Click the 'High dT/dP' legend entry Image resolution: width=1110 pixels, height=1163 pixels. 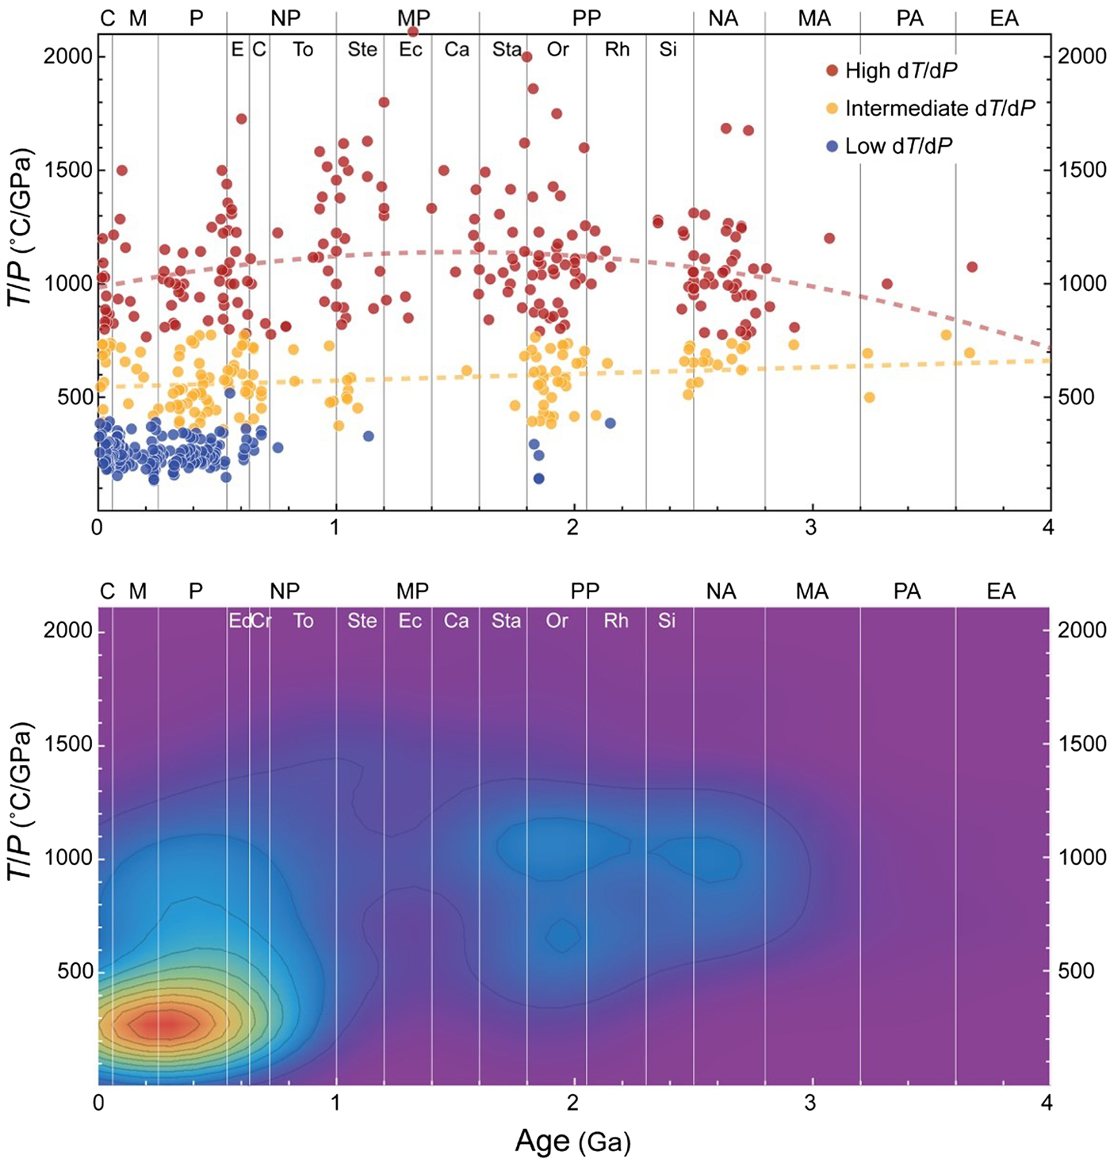pos(901,71)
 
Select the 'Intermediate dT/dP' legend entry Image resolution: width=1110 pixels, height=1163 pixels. pos(940,109)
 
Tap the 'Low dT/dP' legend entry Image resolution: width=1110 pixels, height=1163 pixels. pos(898,146)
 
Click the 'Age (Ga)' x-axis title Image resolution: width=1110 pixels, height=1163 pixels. pos(572,1142)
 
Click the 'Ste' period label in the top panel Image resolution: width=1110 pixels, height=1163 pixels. pos(362,50)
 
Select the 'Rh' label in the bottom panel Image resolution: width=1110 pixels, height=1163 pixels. pos(616,621)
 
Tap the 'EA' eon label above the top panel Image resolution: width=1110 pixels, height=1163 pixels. pos(1004,19)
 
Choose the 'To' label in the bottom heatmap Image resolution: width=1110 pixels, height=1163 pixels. pos(303,621)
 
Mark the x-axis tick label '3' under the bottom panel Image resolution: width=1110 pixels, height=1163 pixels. pos(810,1103)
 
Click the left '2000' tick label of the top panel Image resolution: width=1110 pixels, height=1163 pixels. pos(68,56)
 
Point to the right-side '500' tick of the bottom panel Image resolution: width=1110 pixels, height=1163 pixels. pos(1076,971)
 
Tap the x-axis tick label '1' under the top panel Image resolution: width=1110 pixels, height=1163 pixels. pos(335,528)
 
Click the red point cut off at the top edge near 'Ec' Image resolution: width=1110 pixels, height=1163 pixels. pos(412,32)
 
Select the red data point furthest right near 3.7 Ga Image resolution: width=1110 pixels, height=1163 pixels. pos(972,267)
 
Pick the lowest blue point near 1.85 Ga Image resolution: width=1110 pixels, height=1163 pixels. pos(538,479)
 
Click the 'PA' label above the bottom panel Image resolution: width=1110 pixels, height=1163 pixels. pos(907,591)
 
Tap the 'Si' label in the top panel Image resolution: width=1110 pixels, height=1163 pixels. pos(668,50)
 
